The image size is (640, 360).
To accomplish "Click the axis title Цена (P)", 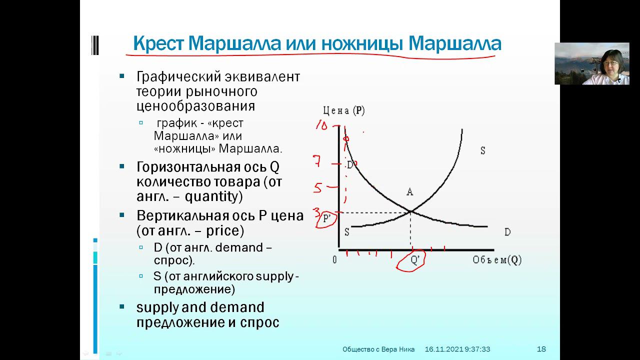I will click(344, 111).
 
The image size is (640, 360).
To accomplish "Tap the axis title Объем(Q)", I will click(497, 260).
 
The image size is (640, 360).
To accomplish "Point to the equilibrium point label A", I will click(410, 192).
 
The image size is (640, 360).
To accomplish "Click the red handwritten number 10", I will click(321, 124).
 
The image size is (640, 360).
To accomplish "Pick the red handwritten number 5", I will click(318, 188).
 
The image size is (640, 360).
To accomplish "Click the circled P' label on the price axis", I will click(327, 218).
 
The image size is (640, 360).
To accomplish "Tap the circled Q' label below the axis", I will click(411, 261).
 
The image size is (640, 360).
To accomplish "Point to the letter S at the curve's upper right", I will click(482, 150).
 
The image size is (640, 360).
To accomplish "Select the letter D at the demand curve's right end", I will click(507, 232).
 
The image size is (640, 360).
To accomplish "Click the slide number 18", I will click(540, 349).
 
